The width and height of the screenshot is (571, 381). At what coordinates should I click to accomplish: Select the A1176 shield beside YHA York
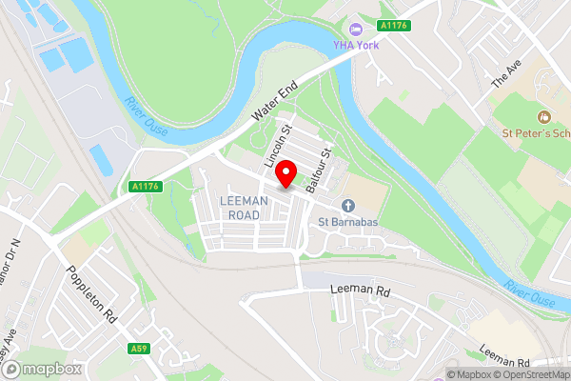393,25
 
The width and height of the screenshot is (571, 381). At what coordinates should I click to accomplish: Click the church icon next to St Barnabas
348,206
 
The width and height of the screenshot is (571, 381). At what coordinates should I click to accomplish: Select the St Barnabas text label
348,223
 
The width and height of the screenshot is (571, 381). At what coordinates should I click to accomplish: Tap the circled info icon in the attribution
452,373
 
